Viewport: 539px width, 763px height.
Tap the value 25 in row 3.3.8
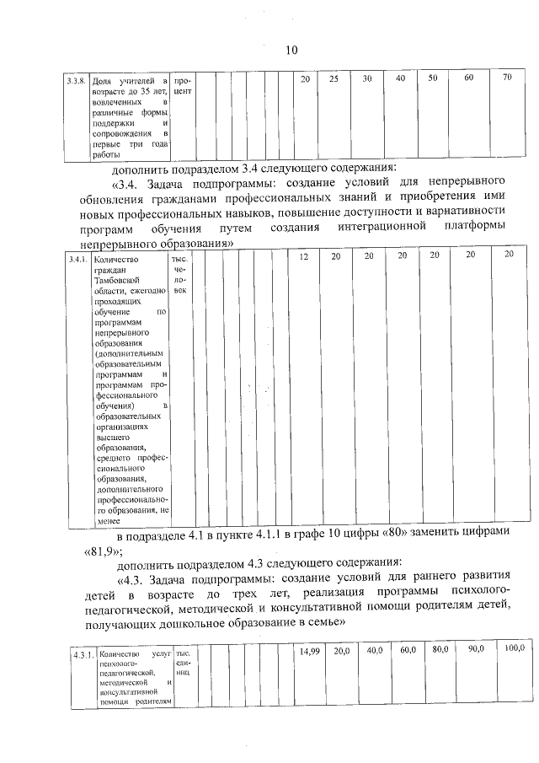(x=334, y=78)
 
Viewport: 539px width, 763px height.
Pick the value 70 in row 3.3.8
(x=506, y=78)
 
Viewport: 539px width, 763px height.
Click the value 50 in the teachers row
(x=433, y=78)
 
